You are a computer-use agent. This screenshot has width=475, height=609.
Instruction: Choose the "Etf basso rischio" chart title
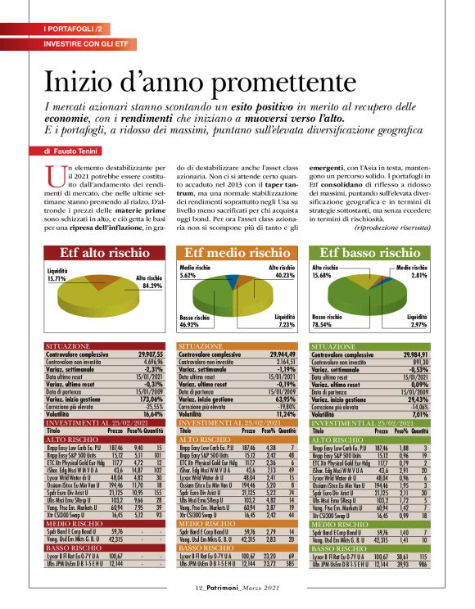[x=369, y=253]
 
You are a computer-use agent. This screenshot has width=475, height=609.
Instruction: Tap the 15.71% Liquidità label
[x=58, y=277]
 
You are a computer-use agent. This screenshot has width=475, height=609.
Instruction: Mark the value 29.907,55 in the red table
[x=148, y=354]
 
